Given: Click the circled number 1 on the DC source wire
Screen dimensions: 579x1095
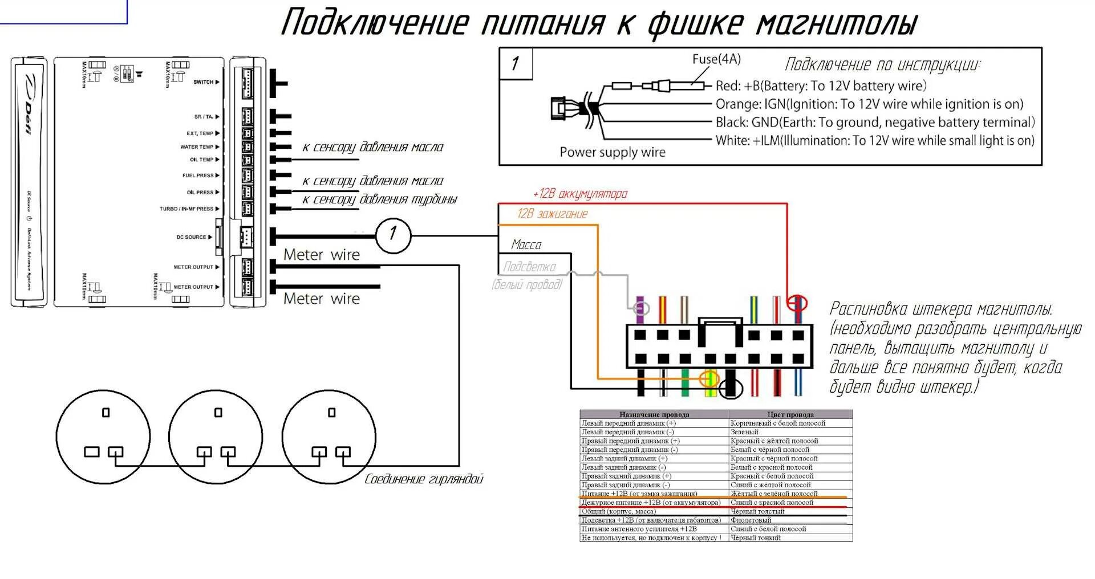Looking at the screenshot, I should coord(393,234).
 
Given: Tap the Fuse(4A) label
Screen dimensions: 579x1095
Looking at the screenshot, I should coord(716,59).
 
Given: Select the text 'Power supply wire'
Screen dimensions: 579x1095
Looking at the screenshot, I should coord(612,152).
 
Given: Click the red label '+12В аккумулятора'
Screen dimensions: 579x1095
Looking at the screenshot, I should coord(580,194).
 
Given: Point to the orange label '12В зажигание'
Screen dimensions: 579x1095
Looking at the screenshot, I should coord(552,214).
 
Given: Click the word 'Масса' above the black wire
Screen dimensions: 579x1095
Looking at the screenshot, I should coord(526,244).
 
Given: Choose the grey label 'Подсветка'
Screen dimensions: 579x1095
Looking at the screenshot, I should coord(529,267).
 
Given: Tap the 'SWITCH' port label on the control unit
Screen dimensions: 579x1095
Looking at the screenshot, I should coord(203,82).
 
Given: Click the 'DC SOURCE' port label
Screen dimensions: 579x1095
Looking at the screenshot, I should coord(191,237).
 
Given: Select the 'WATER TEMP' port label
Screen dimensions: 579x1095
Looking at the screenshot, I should coord(197,147).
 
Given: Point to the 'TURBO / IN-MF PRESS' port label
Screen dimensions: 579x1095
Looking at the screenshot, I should coord(186,209).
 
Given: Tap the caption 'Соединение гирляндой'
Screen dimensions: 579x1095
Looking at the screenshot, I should coord(424,479).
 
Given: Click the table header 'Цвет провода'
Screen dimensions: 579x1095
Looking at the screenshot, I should coord(790,414).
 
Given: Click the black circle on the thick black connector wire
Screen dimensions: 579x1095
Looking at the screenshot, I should coord(731,389).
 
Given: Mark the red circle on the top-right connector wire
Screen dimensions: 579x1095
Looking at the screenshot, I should coord(796,303).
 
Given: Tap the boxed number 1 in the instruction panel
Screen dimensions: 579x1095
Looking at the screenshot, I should coord(516,63).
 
